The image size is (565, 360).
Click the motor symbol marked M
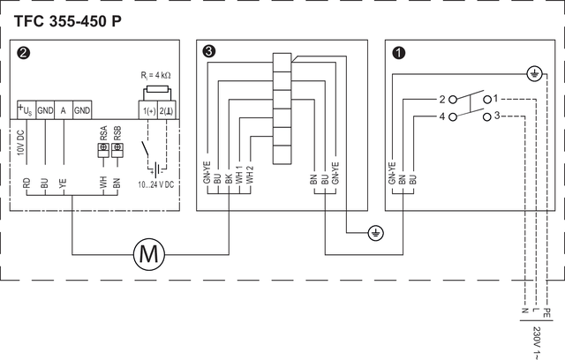pos(149,254)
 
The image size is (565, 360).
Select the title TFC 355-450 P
pos(68,21)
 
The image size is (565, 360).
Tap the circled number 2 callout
pos(24,53)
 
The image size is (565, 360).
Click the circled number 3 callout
pos(209,51)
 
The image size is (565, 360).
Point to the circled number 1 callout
pos(399,53)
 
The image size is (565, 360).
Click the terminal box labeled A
pos(64,110)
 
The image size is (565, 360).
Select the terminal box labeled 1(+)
pos(148,110)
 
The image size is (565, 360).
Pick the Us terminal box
pos(26,110)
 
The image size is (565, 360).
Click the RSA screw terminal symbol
pos(103,150)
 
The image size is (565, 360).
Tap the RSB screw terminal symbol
pos(117,150)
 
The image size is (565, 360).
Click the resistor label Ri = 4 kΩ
pos(155,76)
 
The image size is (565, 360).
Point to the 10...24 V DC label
pos(155,184)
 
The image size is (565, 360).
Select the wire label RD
pos(26,184)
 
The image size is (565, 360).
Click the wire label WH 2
pos(249,175)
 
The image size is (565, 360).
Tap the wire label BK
pos(229,179)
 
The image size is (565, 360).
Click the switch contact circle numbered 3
pos(486,117)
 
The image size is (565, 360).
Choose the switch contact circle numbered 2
pos(453,100)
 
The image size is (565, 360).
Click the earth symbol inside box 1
pos(534,74)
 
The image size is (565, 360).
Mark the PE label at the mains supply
pos(546,312)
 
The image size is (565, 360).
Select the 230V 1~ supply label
pos(537,343)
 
